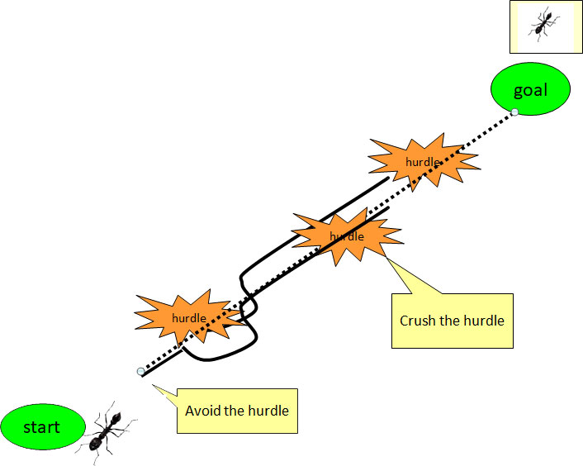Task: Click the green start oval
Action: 41,427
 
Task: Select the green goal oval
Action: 530,90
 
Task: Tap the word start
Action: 41,427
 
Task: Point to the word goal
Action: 530,90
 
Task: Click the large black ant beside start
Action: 106,430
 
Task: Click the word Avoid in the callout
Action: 201,411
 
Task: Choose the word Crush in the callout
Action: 418,321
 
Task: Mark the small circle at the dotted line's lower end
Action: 140,372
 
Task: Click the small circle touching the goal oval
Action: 514,112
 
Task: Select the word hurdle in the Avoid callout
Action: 268,411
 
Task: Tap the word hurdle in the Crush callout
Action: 482,321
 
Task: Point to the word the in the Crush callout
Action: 450,321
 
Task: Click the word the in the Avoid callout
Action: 233,411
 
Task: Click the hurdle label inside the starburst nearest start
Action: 188,318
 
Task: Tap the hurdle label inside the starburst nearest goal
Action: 422,162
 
